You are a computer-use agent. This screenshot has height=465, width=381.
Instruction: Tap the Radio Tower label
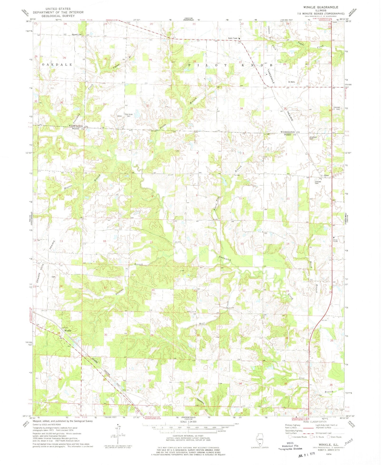click(233, 39)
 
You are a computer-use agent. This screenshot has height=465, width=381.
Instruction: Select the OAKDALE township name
click(56, 65)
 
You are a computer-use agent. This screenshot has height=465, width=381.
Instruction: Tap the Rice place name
click(327, 176)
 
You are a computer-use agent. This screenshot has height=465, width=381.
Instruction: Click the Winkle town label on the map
click(68, 330)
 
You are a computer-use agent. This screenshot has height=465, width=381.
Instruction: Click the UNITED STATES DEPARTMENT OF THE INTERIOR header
click(58, 12)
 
